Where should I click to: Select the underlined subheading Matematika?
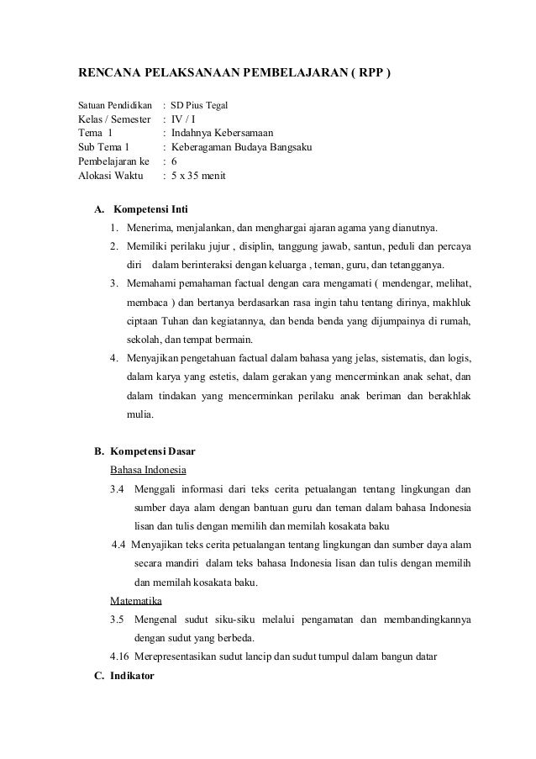pos(137,601)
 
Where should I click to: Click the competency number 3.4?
pos(117,488)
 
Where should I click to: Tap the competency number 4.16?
pos(120,656)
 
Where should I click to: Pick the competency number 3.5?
pos(117,620)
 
